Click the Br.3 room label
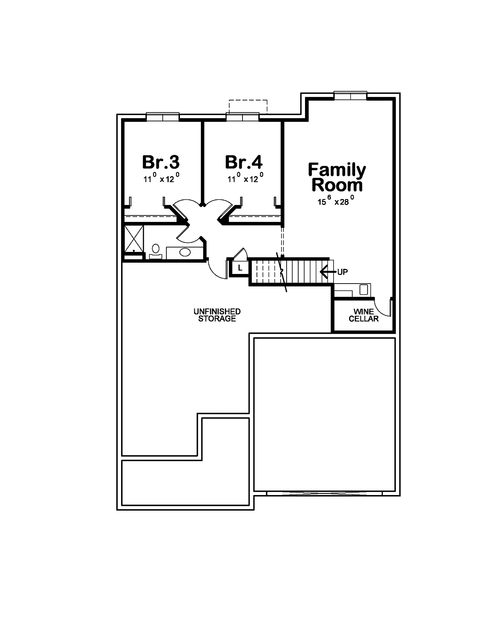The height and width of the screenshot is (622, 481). point(161,162)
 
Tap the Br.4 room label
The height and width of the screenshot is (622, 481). point(244,162)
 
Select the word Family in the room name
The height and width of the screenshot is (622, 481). point(337,170)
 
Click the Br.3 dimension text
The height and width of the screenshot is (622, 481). point(161,178)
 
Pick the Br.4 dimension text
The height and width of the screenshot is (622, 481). point(245,178)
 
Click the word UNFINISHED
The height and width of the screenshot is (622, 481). point(217,312)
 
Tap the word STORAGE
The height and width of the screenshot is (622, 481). point(217,318)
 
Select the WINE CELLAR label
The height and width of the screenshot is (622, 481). point(364,315)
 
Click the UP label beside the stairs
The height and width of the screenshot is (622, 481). point(342,272)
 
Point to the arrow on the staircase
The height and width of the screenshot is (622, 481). point(328,272)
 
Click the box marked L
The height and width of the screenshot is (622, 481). point(240,268)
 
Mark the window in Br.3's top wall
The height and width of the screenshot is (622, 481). point(162,117)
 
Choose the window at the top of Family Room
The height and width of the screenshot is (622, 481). point(350,96)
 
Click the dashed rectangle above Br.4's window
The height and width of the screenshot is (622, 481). point(248,107)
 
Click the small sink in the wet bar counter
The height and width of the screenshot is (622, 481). point(363,290)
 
